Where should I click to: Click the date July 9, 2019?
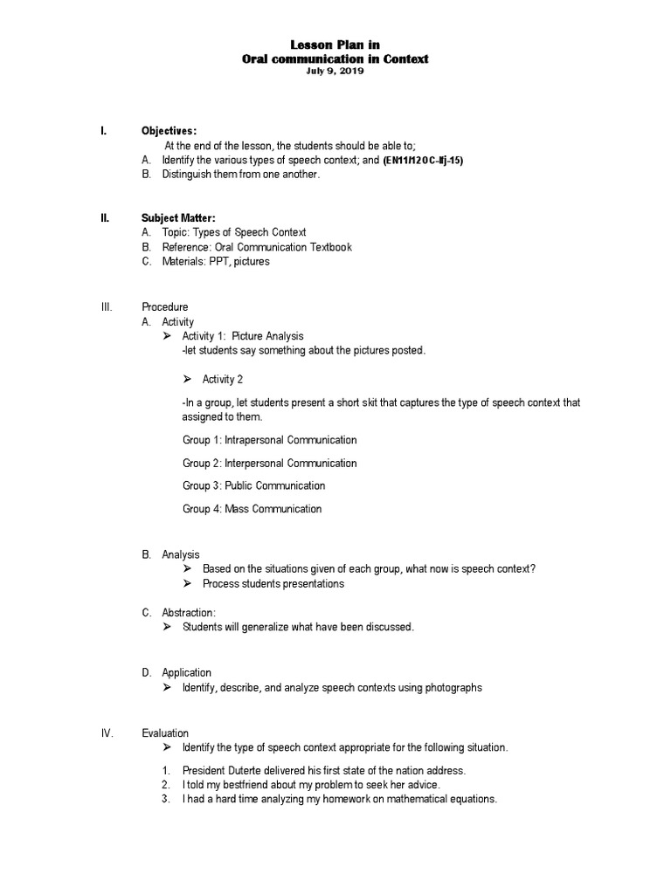[x=335, y=72]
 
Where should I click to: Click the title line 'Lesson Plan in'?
[x=335, y=45]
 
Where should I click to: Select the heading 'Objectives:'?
[x=169, y=130]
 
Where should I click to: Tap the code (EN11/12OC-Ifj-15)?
[x=423, y=162]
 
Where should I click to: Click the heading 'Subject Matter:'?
[x=178, y=217]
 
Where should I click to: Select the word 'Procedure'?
[x=164, y=306]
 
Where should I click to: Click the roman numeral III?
[x=107, y=306]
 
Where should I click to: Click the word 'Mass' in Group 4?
[x=237, y=508]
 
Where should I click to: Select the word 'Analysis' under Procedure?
[x=181, y=554]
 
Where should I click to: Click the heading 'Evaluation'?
[x=165, y=732]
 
